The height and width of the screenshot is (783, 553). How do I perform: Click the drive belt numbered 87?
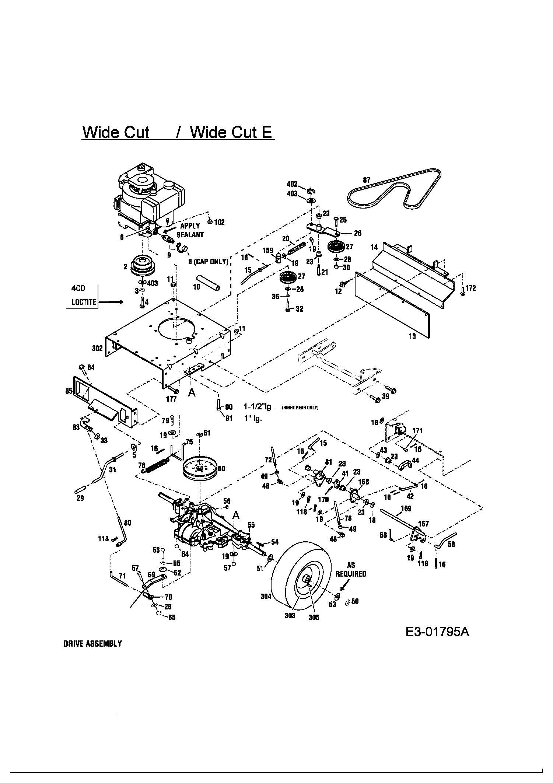(x=368, y=192)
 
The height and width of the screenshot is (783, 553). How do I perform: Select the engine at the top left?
(x=151, y=197)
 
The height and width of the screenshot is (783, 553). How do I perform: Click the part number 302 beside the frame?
(x=97, y=348)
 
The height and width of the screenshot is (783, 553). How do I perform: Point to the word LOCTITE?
(x=84, y=302)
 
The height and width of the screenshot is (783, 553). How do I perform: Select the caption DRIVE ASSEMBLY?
(x=92, y=654)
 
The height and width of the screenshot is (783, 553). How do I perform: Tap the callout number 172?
(x=470, y=288)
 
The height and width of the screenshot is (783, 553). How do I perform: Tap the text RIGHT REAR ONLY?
(x=300, y=408)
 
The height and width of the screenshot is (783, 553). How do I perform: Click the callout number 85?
(x=69, y=391)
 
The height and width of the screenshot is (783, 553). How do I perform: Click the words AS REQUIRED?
(x=351, y=569)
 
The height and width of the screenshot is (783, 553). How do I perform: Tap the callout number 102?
(x=219, y=222)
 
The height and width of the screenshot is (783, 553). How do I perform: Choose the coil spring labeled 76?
(x=158, y=463)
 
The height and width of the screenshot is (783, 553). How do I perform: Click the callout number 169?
(x=406, y=509)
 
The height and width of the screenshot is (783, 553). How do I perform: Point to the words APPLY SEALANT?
(x=190, y=230)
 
